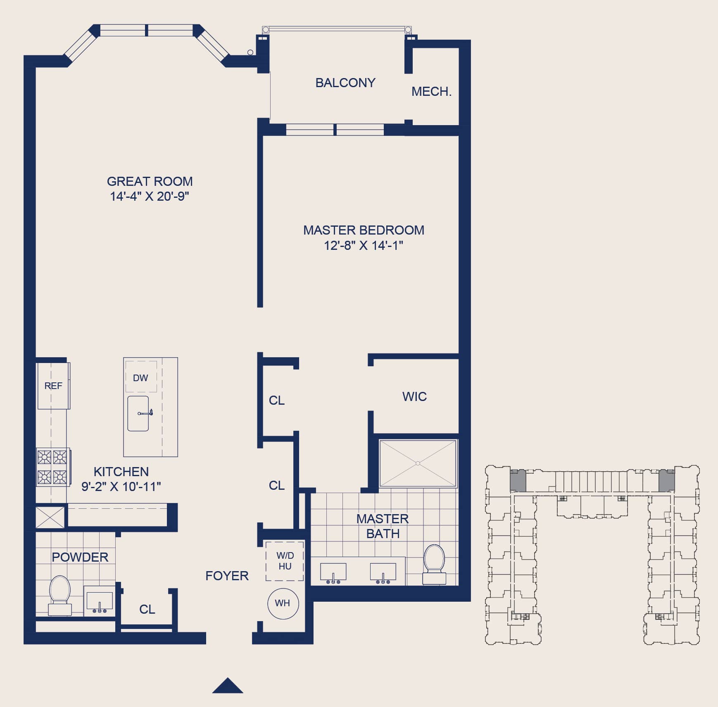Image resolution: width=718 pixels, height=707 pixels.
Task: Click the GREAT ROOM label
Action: (150, 181)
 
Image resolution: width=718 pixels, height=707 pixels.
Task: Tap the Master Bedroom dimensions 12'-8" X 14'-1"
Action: (363, 245)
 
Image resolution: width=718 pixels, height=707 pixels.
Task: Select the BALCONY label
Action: (345, 83)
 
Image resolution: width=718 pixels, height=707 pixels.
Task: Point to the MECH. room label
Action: (431, 91)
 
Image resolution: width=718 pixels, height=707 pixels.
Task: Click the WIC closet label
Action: (414, 396)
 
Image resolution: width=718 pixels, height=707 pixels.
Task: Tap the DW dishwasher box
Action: (141, 377)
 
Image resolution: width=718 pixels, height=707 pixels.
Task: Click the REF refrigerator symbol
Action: (54, 386)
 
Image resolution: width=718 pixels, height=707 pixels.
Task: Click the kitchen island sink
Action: (138, 413)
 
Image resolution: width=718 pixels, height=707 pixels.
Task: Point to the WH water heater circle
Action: (283, 603)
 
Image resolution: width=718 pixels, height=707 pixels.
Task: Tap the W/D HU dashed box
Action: (285, 561)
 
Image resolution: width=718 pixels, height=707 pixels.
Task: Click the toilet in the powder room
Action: (60, 595)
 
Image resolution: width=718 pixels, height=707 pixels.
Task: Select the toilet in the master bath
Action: (434, 564)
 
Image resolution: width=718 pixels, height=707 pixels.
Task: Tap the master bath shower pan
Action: (418, 463)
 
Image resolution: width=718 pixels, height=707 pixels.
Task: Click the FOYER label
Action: (227, 576)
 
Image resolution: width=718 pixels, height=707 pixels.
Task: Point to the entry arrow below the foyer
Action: (228, 686)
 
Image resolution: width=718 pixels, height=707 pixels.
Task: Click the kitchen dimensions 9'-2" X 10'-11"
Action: (121, 486)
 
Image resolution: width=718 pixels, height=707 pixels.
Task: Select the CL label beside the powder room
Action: (147, 609)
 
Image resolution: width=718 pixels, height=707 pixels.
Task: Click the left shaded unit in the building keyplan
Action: (518, 481)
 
